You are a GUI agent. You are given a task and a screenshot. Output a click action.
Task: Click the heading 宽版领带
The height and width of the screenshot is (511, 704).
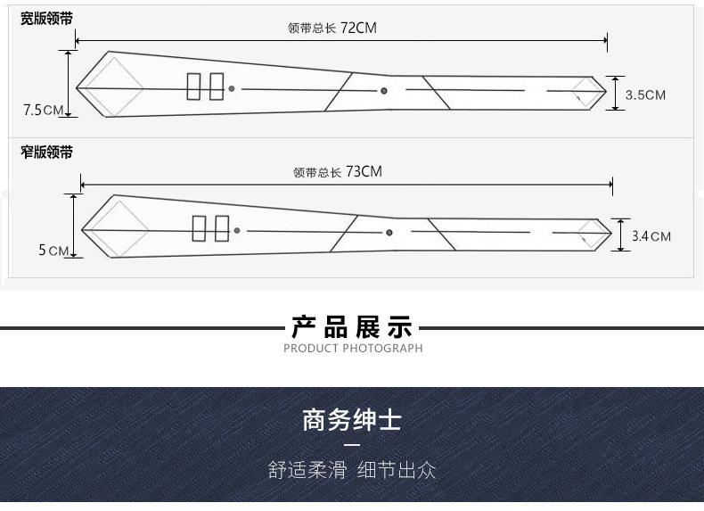coord(47,19)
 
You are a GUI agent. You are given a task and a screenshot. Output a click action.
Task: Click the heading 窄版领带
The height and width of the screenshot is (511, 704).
coord(47,152)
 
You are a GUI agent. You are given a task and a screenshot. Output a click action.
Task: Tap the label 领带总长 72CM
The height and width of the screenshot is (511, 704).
coord(332,28)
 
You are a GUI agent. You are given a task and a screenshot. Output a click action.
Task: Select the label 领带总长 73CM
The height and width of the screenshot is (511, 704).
coord(337,172)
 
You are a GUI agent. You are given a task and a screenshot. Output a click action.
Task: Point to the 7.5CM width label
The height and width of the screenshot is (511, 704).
coord(43,111)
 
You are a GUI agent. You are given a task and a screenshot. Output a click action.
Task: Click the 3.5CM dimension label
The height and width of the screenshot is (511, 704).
coord(645,95)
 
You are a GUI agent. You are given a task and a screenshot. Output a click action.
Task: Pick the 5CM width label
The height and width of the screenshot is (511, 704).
coord(53,251)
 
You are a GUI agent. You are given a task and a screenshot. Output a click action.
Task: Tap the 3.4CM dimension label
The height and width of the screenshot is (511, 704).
coord(651,236)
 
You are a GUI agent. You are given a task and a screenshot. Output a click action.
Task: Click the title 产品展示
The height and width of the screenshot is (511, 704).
coord(352,326)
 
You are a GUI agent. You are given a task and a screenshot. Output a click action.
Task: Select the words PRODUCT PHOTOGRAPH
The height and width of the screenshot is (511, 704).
coord(353,349)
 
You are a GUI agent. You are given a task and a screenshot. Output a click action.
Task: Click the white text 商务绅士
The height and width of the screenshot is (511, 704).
coord(352,419)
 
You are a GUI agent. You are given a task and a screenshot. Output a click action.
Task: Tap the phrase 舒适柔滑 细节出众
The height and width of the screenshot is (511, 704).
coord(352,470)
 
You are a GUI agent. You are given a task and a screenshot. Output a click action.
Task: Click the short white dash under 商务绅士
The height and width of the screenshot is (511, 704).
coord(352,445)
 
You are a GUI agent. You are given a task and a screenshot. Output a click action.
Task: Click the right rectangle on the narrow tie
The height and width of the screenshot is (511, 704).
coord(222,229)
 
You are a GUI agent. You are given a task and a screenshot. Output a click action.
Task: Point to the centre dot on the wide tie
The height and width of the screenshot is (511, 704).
coord(384,90)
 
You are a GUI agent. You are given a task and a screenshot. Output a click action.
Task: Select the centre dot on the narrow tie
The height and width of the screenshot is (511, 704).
coord(389,233)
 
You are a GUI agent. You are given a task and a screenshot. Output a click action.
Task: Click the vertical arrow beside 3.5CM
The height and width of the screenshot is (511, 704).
coord(615,93)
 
